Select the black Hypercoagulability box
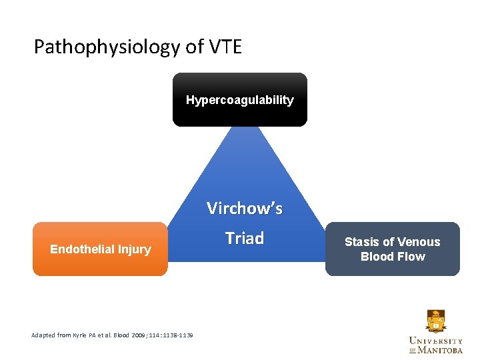click(x=240, y=100)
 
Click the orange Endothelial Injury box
click(x=100, y=249)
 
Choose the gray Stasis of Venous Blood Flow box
click(x=393, y=249)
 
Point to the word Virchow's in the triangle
click(x=244, y=209)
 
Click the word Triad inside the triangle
click(x=244, y=239)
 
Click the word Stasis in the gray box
click(x=362, y=242)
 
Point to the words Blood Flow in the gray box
click(x=393, y=257)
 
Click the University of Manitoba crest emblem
click(x=435, y=322)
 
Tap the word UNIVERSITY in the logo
click(x=435, y=341)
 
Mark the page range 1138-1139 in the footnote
click(x=176, y=335)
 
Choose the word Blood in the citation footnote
click(x=121, y=335)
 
